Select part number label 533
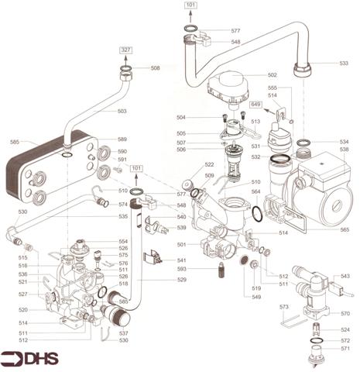tap(344, 63)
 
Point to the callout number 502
tap(272, 75)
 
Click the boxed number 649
tap(276, 103)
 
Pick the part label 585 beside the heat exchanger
tap(14, 142)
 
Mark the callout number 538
tap(344, 150)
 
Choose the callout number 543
tap(345, 276)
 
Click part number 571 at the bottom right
tap(345, 350)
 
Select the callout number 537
tap(122, 333)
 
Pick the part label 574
tap(122, 205)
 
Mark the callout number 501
tap(183, 245)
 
